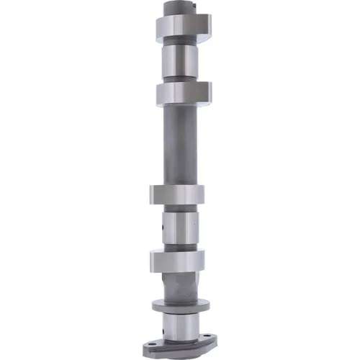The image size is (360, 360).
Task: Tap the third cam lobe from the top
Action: click(x=177, y=195)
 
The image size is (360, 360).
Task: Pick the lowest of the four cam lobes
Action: click(x=177, y=260)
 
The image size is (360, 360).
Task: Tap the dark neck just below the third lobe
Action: click(x=178, y=210)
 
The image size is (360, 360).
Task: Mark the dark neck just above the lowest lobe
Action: click(x=178, y=247)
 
